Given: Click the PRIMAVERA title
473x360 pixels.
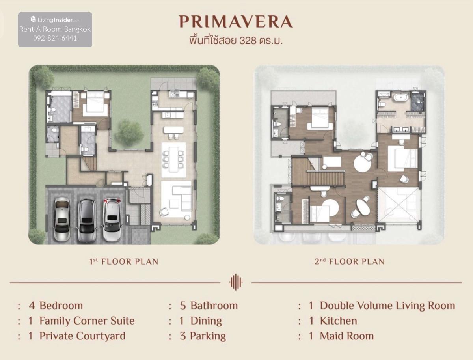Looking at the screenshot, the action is point(236,22).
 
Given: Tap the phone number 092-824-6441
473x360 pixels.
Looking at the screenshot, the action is point(55,38).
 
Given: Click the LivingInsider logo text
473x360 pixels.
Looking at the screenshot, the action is point(55,20).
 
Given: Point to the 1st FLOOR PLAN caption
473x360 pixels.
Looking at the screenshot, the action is point(124,261).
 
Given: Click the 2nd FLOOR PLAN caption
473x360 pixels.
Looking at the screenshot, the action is point(349,261).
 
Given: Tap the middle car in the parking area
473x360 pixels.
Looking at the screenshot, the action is point(87,220).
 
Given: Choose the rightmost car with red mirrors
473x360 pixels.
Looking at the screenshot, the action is point(112,220).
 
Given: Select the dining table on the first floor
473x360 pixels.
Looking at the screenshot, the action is point(173,159).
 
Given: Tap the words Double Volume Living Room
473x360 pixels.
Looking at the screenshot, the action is point(387,306).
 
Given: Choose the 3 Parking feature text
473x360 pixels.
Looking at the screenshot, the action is point(203,336).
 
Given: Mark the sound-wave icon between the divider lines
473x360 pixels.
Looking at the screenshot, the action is point(236,282).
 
